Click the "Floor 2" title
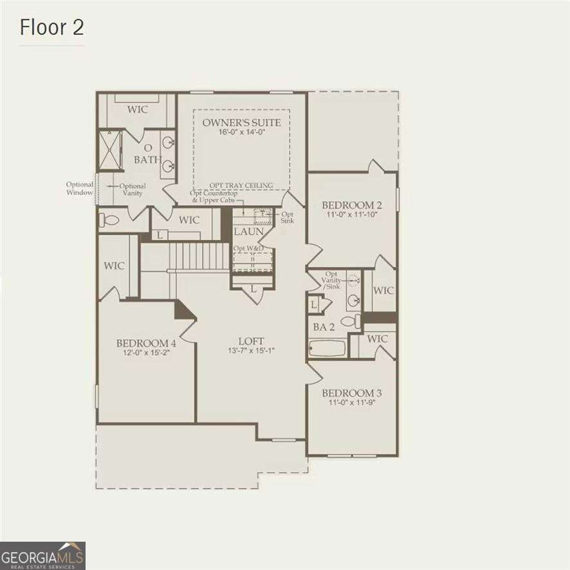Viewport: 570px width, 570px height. [51, 28]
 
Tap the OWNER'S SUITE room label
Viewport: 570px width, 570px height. [241, 122]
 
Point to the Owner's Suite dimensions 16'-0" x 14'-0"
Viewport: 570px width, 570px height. [241, 133]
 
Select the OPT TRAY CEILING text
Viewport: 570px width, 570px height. [241, 185]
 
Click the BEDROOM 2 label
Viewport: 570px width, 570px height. [352, 205]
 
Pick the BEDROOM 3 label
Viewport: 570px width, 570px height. [352, 393]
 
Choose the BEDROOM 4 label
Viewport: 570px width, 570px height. [146, 343]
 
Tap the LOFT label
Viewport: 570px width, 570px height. [251, 341]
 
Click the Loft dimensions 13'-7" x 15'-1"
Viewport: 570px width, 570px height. [251, 351]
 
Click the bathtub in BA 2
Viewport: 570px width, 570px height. [326, 348]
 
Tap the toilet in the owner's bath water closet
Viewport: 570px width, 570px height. [110, 220]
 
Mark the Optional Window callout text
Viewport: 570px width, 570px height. [80, 188]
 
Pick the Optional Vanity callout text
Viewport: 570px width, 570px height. [133, 189]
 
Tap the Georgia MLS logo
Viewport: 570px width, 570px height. [42, 555]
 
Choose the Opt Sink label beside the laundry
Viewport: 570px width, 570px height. [288, 217]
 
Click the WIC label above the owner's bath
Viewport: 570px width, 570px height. [137, 109]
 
